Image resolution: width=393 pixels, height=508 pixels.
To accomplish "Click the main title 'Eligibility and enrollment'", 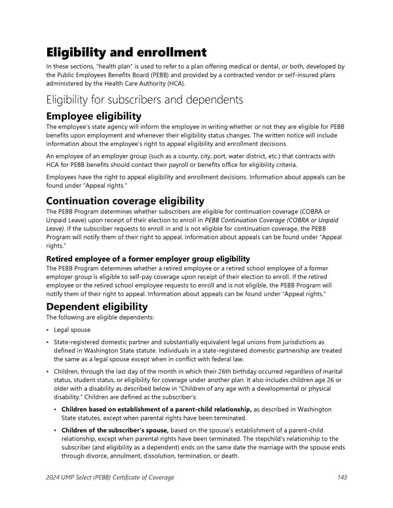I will pyautogui.click(x=126, y=52).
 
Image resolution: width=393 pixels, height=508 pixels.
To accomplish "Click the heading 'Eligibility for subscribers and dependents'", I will pyautogui.click(x=144, y=100).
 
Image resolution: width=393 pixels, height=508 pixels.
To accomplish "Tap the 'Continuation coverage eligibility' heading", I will pyautogui.click(x=124, y=200).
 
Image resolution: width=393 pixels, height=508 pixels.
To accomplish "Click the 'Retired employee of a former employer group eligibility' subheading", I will pyautogui.click(x=147, y=259).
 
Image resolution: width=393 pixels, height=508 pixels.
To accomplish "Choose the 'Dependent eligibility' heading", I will pyautogui.click(x=96, y=306).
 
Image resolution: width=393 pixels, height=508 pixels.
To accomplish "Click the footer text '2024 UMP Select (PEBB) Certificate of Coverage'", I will pyautogui.click(x=110, y=477).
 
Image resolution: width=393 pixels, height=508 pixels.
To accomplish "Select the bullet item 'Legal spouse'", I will pyautogui.click(x=72, y=329).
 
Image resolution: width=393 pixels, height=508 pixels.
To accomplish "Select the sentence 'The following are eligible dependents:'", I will pyautogui.click(x=100, y=317).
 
